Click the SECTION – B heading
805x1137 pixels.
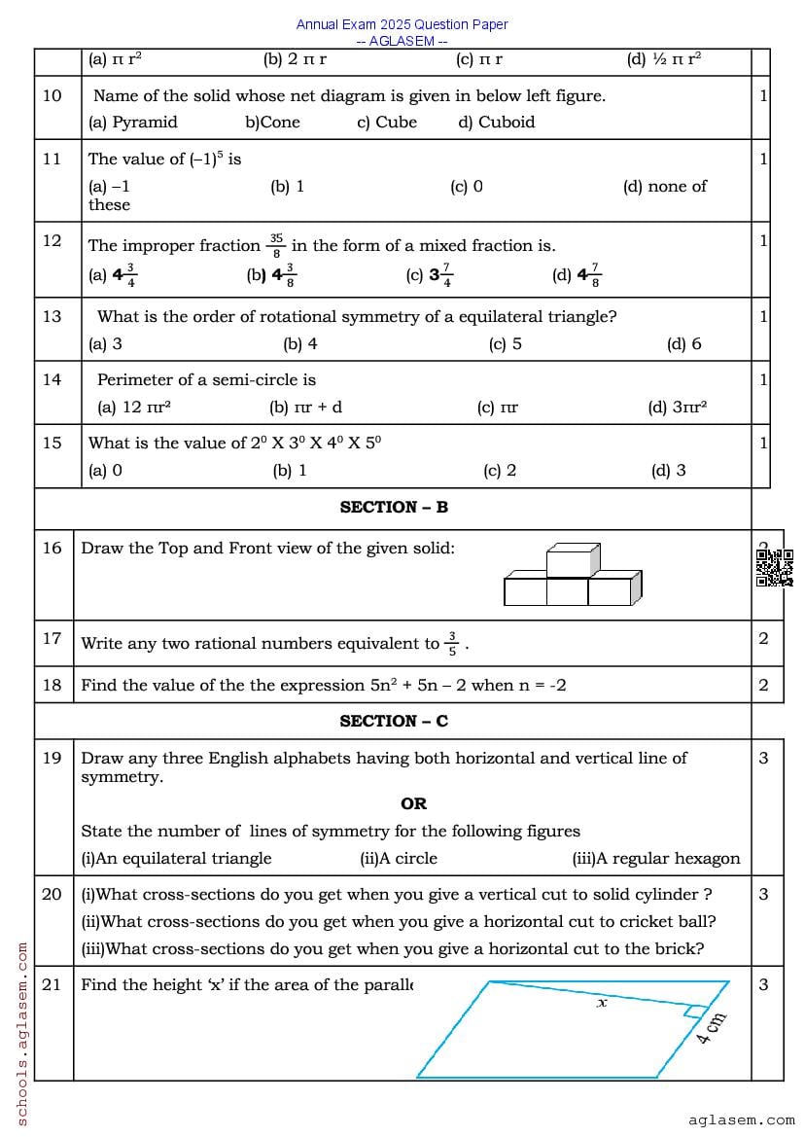[x=394, y=507]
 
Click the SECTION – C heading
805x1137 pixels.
[x=394, y=721]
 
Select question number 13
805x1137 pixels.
[x=52, y=316]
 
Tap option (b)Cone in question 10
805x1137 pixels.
[x=272, y=123]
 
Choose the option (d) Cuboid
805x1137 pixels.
[x=496, y=123]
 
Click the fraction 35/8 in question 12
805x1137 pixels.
[x=276, y=245]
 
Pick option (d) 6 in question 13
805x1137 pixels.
[x=683, y=343]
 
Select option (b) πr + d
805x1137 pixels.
[x=305, y=408]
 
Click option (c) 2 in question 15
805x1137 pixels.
[x=500, y=471]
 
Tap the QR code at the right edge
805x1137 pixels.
[x=774, y=568]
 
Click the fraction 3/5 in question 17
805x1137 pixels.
[x=452, y=643]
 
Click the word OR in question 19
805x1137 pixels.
[x=413, y=803]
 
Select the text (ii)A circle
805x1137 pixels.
[x=399, y=858]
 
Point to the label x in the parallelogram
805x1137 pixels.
[x=601, y=1002]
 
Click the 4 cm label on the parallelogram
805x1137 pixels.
[x=712, y=1028]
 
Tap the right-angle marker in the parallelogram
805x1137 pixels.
[x=692, y=1012]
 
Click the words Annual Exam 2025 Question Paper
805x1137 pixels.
[x=402, y=24]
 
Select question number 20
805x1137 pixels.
[x=52, y=894]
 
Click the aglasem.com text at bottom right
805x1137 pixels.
[x=741, y=1120]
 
